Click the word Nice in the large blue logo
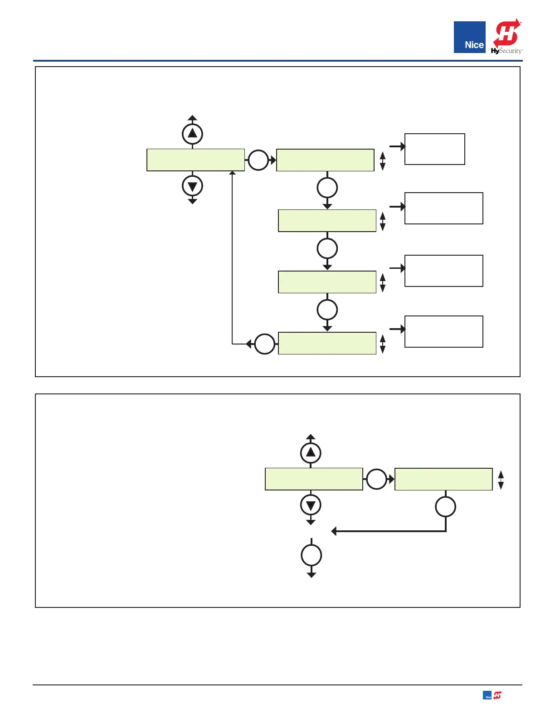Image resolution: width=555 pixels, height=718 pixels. [474, 45]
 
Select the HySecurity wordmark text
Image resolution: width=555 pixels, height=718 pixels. [506, 51]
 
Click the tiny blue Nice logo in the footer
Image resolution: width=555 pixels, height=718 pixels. [487, 696]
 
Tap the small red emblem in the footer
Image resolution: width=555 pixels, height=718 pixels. [497, 695]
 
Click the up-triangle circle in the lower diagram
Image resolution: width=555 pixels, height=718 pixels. [311, 452]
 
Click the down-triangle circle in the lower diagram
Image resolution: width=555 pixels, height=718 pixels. [311, 505]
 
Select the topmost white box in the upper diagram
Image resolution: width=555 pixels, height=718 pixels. [434, 149]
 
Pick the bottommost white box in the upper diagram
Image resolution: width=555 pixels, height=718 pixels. [443, 331]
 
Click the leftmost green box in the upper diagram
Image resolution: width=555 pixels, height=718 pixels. [195, 160]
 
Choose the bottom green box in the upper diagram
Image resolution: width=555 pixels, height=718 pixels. [327, 343]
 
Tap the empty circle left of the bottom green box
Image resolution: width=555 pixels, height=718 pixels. [265, 344]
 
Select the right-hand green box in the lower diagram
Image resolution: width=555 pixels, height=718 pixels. [443, 479]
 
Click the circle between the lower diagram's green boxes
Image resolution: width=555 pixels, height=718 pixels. [376, 479]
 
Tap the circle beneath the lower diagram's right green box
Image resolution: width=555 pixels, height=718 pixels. [445, 507]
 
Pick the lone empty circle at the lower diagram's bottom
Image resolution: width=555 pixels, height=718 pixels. [311, 555]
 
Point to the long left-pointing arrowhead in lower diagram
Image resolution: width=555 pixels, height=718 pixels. [334, 531]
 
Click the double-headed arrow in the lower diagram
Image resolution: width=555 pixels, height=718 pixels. [501, 480]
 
